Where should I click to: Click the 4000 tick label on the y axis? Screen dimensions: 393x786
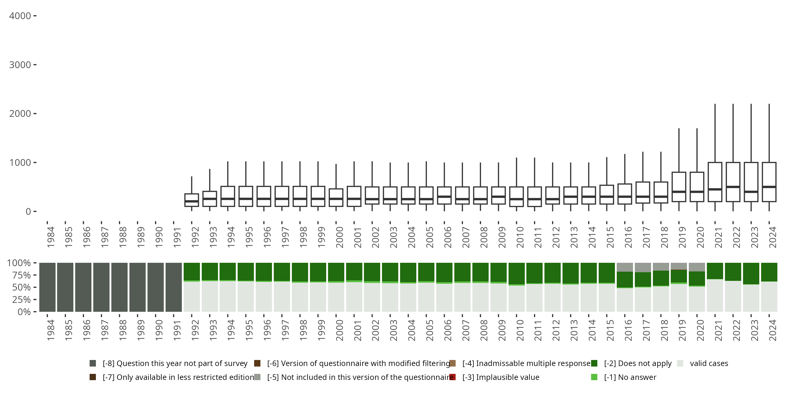(x=20, y=16)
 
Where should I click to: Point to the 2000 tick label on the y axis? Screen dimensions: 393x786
(x=20, y=114)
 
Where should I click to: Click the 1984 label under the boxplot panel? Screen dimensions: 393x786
(x=51, y=237)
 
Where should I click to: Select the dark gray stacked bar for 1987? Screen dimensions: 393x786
(x=101, y=287)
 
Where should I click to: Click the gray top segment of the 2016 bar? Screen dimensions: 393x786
(x=625, y=267)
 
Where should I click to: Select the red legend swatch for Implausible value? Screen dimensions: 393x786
(x=452, y=377)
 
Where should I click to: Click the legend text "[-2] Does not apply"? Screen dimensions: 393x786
(x=638, y=363)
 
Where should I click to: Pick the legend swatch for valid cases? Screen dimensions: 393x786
(x=680, y=363)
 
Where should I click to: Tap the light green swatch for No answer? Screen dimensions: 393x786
(x=594, y=377)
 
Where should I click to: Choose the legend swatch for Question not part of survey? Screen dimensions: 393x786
(x=93, y=363)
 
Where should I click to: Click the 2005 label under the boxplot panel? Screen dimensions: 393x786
(x=430, y=237)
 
